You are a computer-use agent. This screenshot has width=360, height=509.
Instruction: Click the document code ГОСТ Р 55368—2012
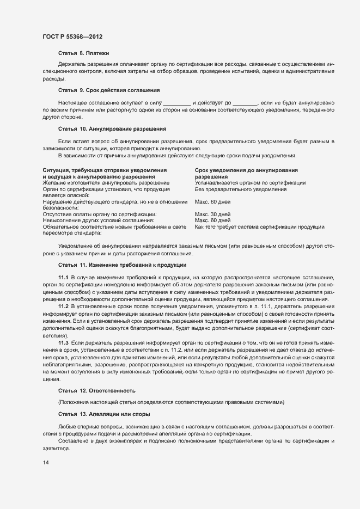click(72, 36)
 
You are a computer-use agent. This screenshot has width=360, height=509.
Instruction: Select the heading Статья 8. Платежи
click(83, 53)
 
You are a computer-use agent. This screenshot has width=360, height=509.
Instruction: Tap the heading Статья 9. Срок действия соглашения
click(108, 90)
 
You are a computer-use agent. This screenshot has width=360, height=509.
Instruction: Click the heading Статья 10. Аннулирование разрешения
click(112, 129)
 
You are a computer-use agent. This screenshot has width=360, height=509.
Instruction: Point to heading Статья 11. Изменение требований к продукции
click(122, 265)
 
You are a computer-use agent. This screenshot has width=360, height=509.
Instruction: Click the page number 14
click(46, 463)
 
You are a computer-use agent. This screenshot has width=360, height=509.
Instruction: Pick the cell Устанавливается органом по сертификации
click(250, 183)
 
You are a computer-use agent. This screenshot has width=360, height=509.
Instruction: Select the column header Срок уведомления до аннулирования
click(246, 170)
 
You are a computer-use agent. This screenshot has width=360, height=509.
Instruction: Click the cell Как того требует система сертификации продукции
click(259, 226)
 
